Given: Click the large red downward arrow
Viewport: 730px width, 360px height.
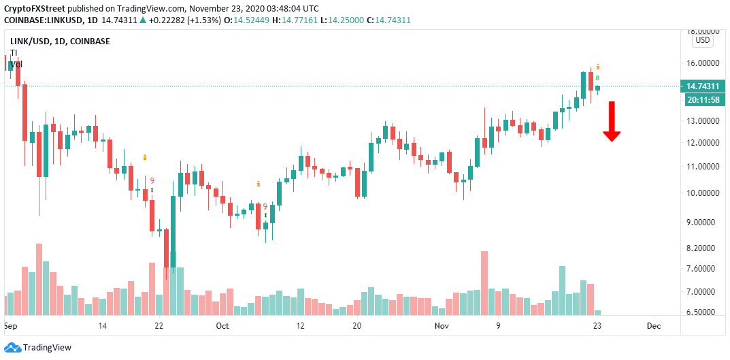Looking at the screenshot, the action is point(612,121).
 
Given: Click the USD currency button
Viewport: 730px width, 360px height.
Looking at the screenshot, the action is point(702,40).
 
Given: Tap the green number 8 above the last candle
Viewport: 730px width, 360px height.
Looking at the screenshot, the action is point(597,78).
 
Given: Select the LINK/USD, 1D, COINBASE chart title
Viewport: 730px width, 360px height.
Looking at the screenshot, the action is point(60,42).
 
